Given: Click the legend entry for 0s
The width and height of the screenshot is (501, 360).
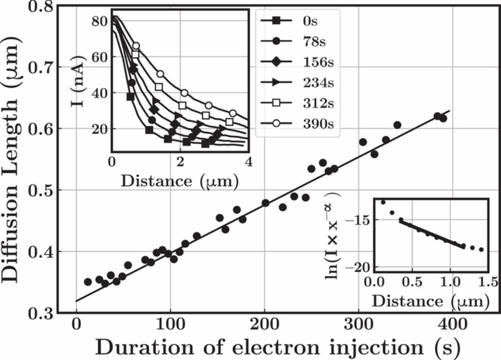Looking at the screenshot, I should (x=297, y=21).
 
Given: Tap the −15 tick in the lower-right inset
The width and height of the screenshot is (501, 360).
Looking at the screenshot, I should (x=357, y=220).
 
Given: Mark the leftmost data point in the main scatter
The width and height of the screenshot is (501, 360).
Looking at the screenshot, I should (x=88, y=282).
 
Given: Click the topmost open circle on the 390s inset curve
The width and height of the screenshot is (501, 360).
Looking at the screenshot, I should (x=136, y=46).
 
